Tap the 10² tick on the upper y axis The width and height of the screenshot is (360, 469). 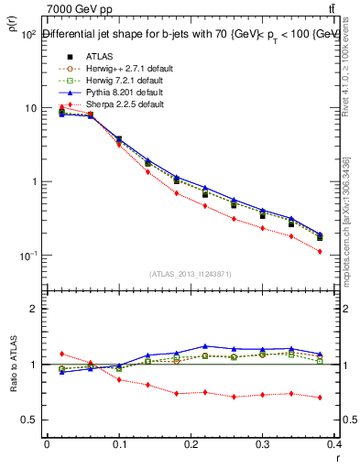(28, 35)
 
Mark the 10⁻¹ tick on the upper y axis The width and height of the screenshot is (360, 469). (28, 255)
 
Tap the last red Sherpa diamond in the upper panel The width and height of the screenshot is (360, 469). (320, 251)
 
